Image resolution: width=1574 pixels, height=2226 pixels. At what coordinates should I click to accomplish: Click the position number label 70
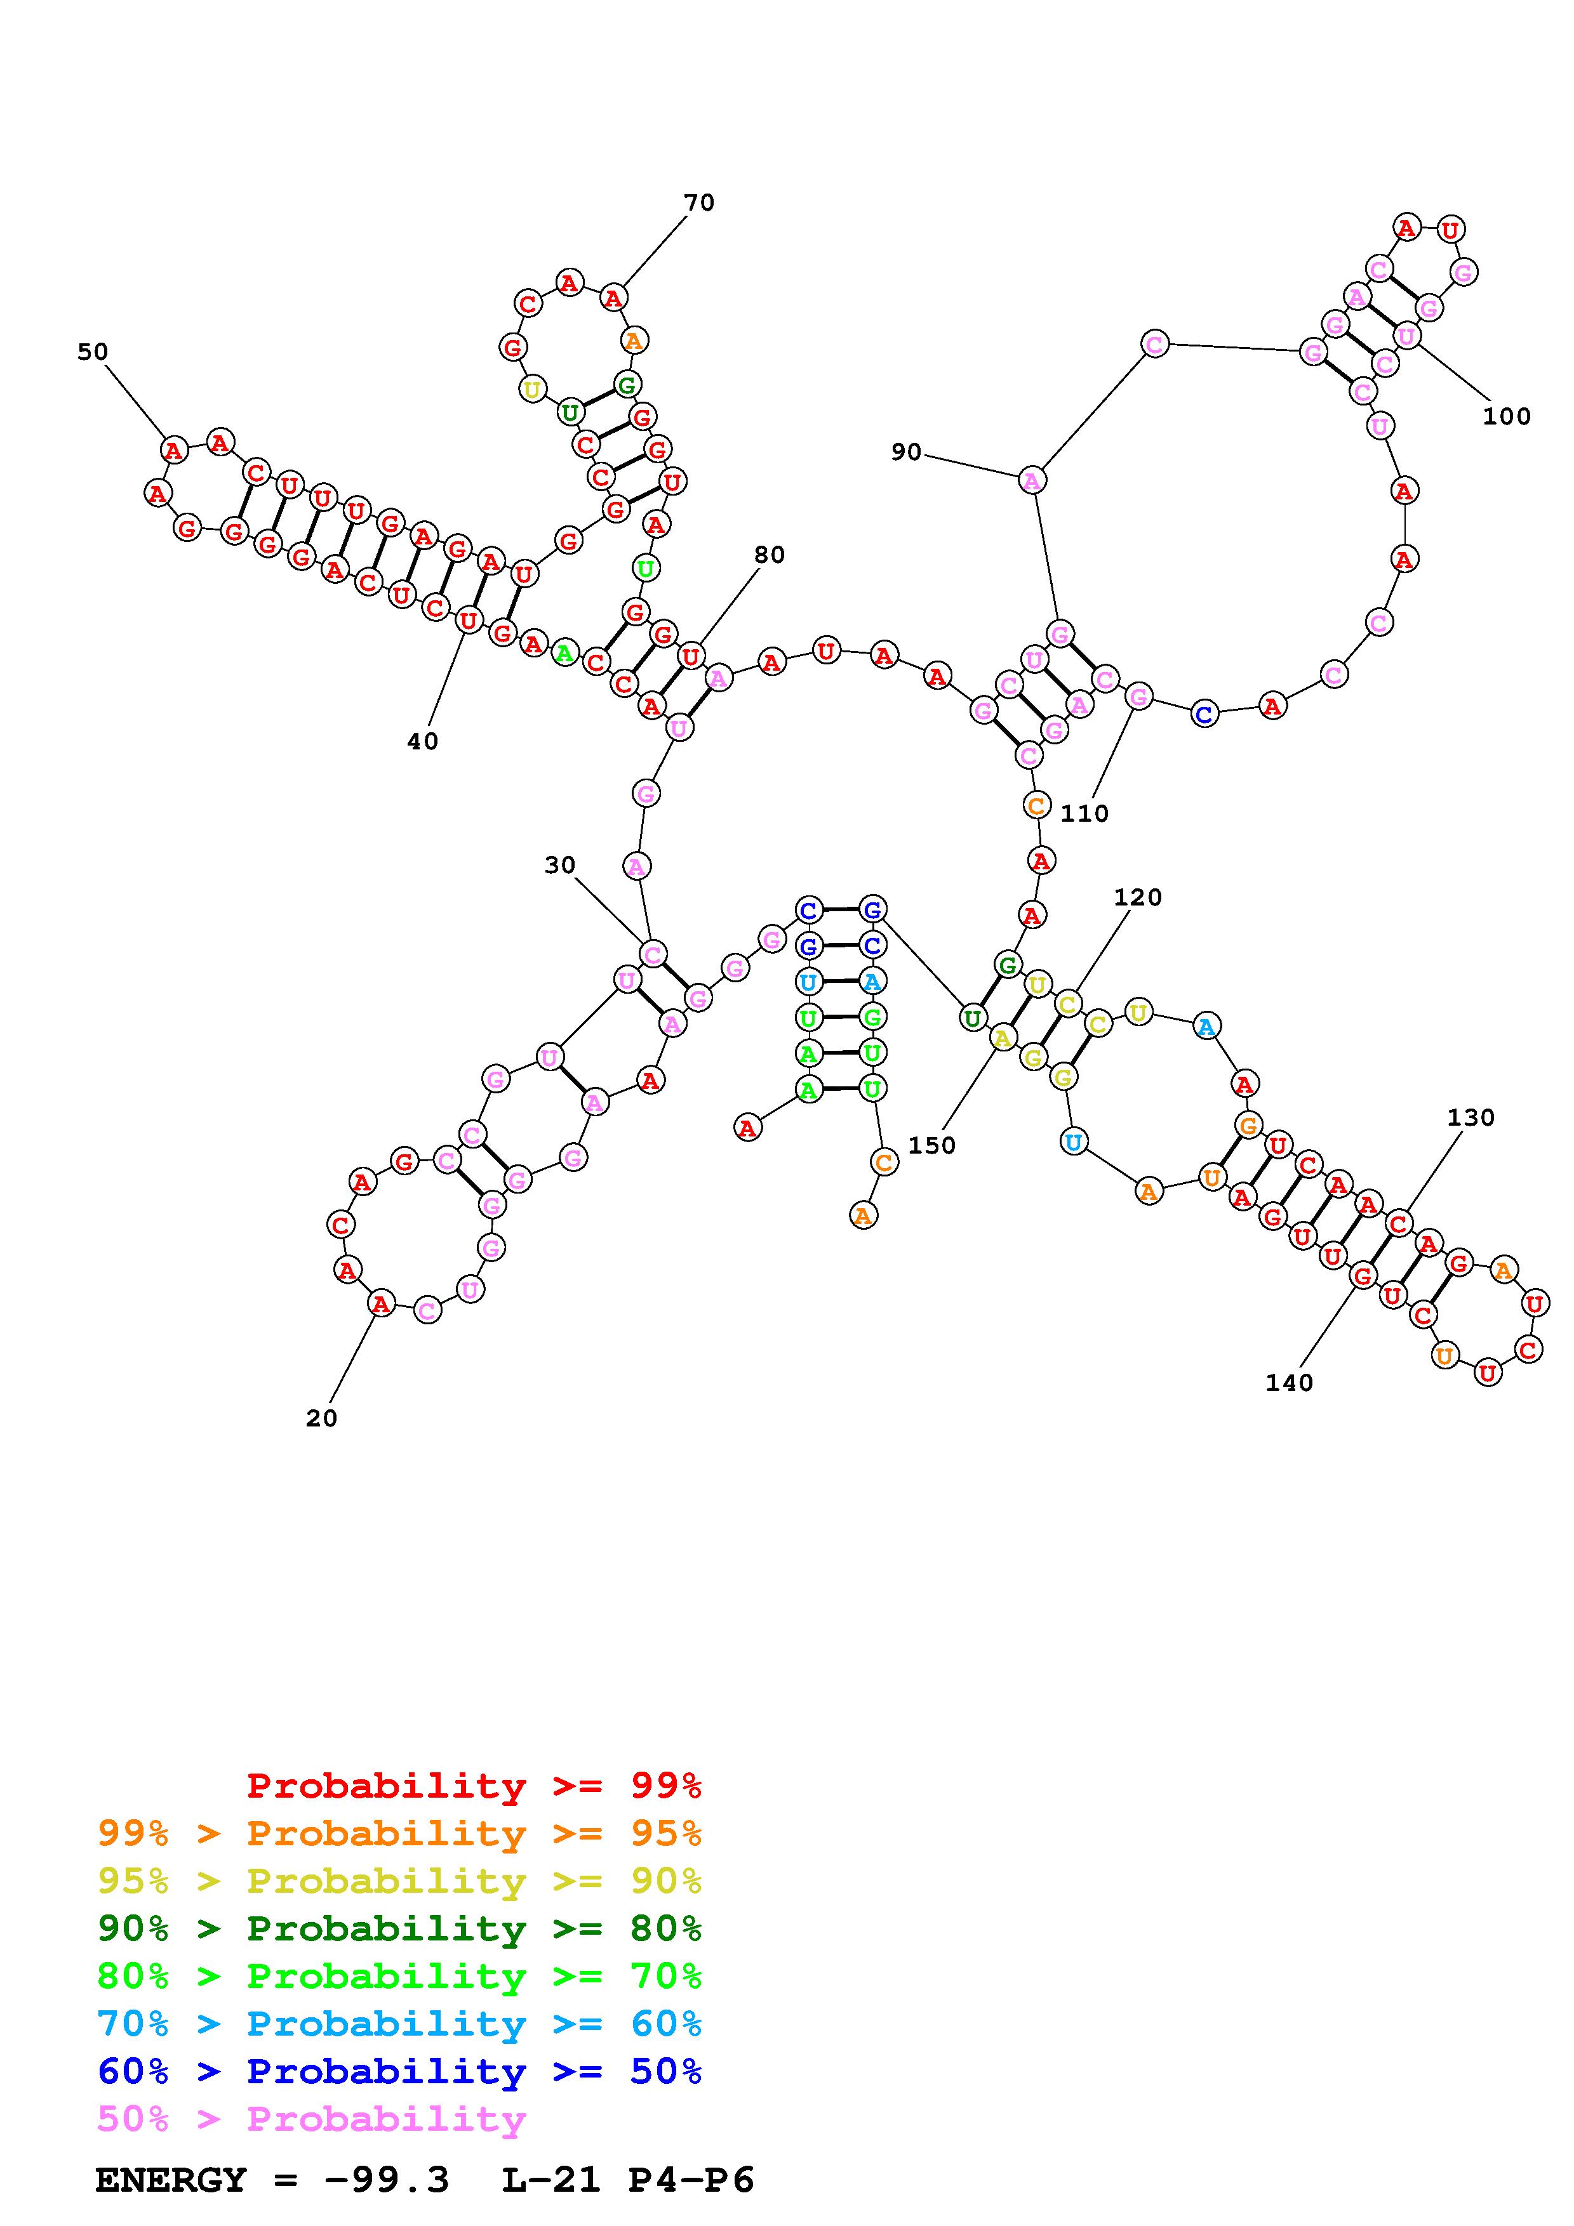point(698,202)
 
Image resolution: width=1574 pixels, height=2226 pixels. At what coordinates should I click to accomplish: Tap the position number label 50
point(93,352)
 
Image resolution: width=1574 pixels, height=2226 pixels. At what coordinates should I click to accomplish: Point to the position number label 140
point(1289,1383)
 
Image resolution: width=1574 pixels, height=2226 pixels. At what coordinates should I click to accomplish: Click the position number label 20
point(321,1418)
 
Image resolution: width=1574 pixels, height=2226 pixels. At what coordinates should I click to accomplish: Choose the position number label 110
point(1084,813)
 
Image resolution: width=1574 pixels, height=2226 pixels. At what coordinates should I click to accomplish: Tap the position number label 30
point(559,865)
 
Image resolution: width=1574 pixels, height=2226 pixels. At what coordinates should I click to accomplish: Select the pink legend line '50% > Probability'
point(311,2119)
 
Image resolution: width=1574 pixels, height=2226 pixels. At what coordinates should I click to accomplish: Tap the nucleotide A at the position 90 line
point(1032,480)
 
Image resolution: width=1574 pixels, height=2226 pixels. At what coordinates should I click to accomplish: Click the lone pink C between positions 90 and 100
point(1154,343)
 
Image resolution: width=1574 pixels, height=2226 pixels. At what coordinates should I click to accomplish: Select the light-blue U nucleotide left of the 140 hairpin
point(1072,1142)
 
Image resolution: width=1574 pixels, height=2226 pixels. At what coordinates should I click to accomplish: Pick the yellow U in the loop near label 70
point(531,390)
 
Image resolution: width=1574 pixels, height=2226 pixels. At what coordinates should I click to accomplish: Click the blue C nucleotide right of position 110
point(1204,715)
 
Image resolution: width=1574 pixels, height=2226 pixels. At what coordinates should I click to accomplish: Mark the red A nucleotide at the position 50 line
point(173,450)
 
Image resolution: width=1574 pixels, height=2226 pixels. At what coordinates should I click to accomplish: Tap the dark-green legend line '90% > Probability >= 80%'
point(399,1929)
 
